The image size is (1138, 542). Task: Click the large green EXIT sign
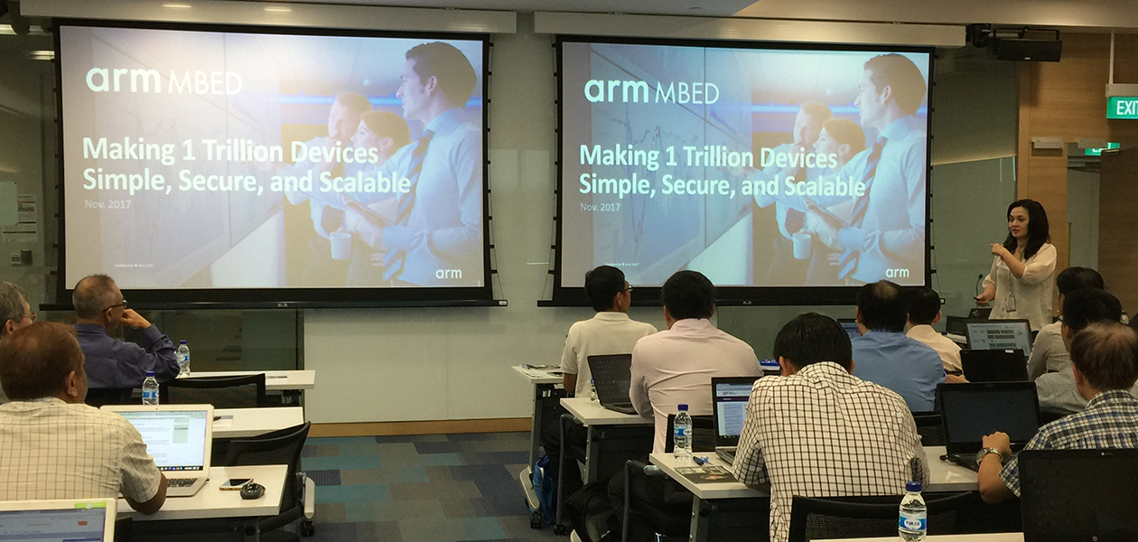tap(1123, 107)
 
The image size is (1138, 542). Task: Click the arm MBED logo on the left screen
tap(163, 81)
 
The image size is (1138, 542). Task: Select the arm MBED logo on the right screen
tap(651, 91)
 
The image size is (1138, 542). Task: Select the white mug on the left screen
tap(340, 244)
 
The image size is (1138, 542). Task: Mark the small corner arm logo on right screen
tap(897, 272)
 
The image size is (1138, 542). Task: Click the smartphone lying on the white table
tap(234, 483)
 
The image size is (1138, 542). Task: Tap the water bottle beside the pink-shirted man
tap(683, 434)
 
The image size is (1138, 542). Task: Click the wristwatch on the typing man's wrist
tap(988, 454)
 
